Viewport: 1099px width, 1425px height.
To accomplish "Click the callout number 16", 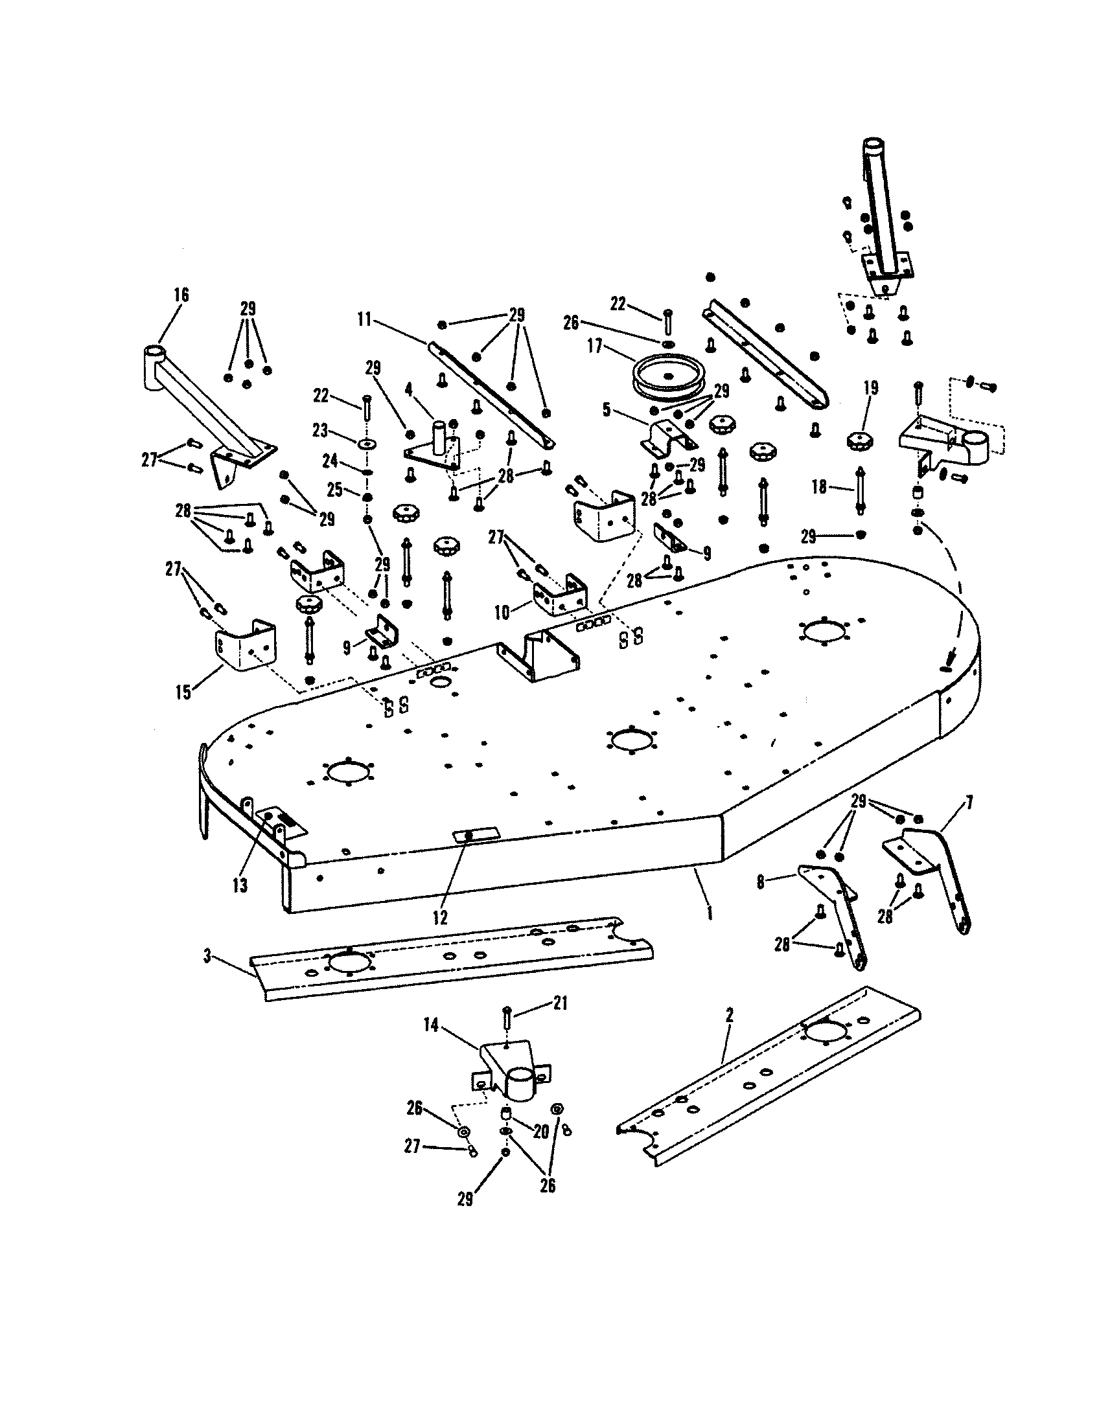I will point(181,295).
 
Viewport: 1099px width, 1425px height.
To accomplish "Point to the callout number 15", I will point(183,692).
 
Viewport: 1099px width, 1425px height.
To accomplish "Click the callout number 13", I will point(240,885).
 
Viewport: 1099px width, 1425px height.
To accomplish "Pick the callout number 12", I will point(440,917).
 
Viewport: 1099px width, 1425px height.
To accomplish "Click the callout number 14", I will point(431,1025).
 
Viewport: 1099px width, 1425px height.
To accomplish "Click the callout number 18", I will point(820,486).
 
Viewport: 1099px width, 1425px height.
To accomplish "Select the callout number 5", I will point(606,410).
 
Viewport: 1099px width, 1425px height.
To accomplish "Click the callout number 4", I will point(408,391).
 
